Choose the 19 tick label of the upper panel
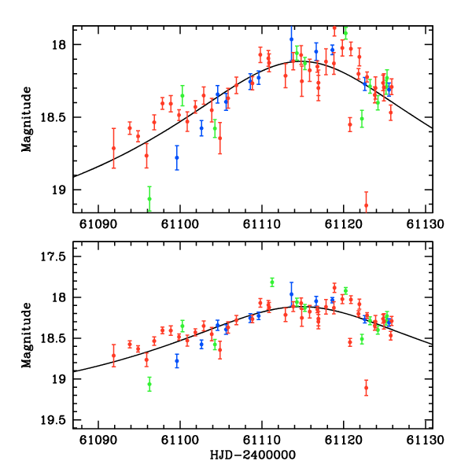pos(61,190)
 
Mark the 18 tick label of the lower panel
pos(61,297)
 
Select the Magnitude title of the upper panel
pos(27,119)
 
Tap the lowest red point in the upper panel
pos(366,205)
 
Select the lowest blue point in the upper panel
pos(177,157)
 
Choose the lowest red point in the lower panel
pos(366,387)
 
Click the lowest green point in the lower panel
pos(149,384)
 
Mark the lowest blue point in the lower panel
pos(177,361)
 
